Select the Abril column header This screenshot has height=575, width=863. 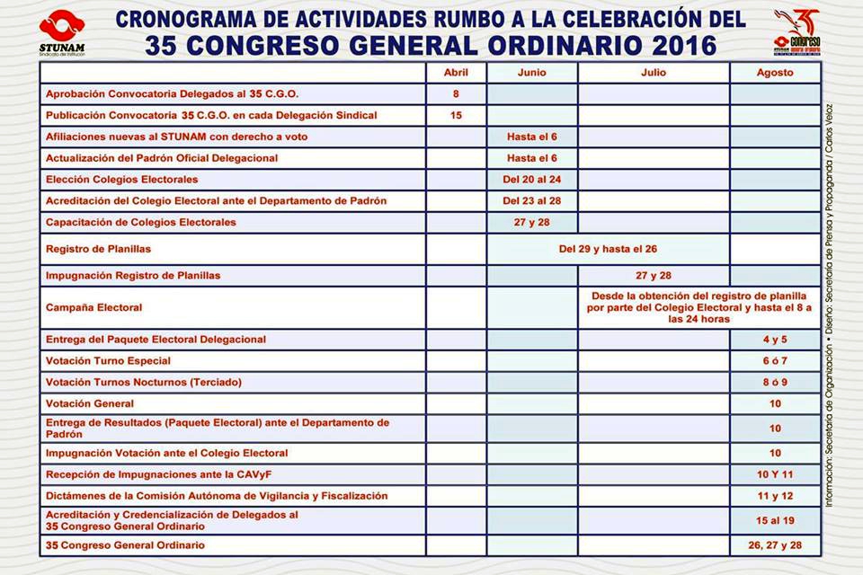(x=456, y=73)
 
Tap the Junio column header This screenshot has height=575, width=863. (x=532, y=73)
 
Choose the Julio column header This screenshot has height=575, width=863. (x=654, y=73)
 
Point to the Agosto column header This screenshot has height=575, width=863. (x=775, y=73)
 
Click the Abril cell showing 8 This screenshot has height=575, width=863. (x=456, y=93)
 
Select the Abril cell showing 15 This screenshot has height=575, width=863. (x=456, y=115)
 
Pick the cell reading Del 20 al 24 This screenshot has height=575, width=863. (x=532, y=180)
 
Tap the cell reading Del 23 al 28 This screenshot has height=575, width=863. (x=532, y=200)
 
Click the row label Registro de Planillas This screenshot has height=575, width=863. (x=98, y=249)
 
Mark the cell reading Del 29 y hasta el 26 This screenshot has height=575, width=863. (x=609, y=249)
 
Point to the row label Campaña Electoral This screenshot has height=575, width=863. (x=94, y=307)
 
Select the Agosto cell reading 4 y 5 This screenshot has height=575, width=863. (x=775, y=340)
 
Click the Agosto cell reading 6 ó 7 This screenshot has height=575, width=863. (x=775, y=361)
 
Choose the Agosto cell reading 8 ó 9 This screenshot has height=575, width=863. (x=775, y=383)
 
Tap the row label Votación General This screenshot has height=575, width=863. (x=90, y=404)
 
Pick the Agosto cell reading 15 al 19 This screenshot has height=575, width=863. (x=775, y=520)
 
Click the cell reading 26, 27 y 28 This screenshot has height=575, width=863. (x=775, y=545)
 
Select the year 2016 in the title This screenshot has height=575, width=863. (x=663, y=45)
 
